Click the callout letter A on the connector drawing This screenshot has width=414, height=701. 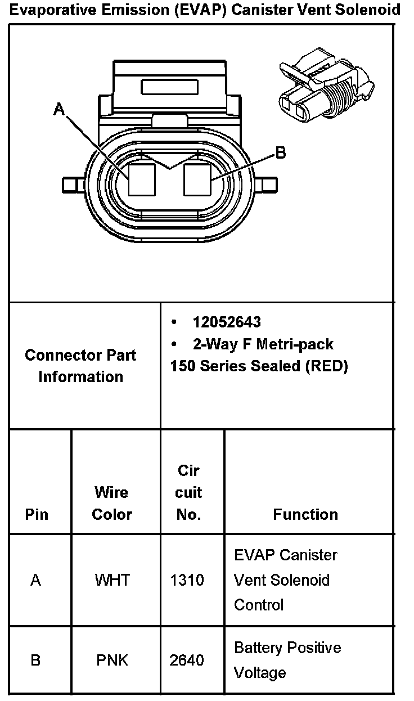pyautogui.click(x=59, y=109)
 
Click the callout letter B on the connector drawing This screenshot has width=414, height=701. pyautogui.click(x=280, y=153)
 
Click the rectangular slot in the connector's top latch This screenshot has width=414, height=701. pyautogui.click(x=170, y=87)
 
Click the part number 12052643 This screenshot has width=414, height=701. pyautogui.click(x=227, y=322)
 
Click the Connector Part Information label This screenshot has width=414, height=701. pyautogui.click(x=80, y=366)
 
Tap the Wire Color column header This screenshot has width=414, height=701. pyautogui.click(x=111, y=503)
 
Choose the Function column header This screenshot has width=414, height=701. pyautogui.click(x=305, y=514)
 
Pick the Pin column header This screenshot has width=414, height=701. pyautogui.click(x=37, y=514)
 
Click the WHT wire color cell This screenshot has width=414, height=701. pyautogui.click(x=112, y=580)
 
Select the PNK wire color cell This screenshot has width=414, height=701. pyautogui.click(x=112, y=660)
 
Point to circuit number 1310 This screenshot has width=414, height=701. pyautogui.click(x=187, y=580)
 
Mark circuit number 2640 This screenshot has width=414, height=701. pyautogui.click(x=187, y=660)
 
